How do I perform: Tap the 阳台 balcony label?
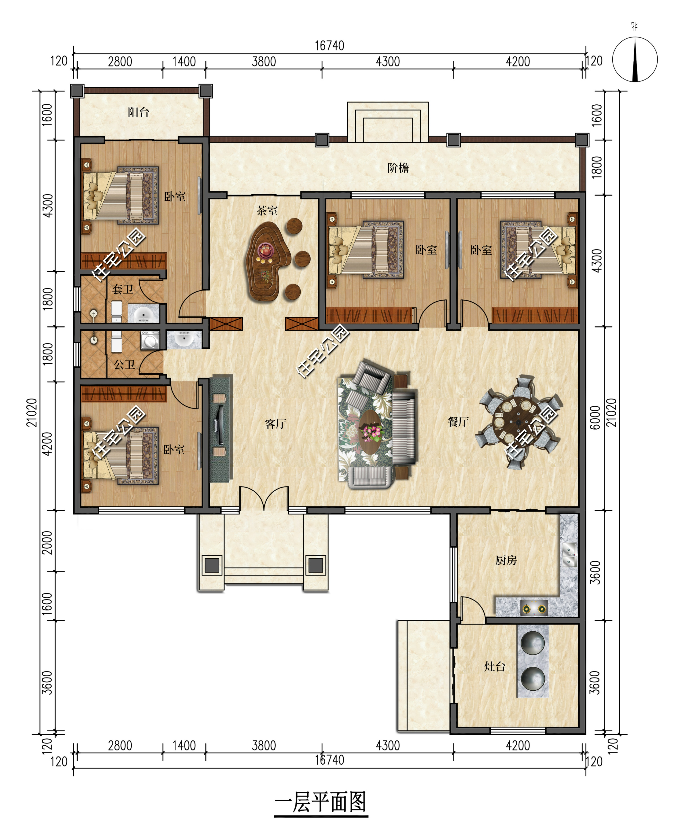pos(138,113)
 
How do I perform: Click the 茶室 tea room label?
pos(267,211)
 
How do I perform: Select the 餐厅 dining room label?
pos(458,422)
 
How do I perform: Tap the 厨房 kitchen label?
pos(506,560)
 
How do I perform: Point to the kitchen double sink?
pos(569,555)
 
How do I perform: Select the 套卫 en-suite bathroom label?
pos(122,290)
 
